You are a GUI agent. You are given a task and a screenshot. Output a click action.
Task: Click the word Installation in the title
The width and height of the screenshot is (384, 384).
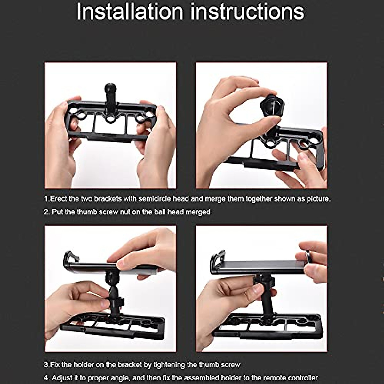(130, 12)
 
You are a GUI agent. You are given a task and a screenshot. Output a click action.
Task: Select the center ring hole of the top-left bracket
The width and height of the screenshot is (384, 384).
(111, 119)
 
